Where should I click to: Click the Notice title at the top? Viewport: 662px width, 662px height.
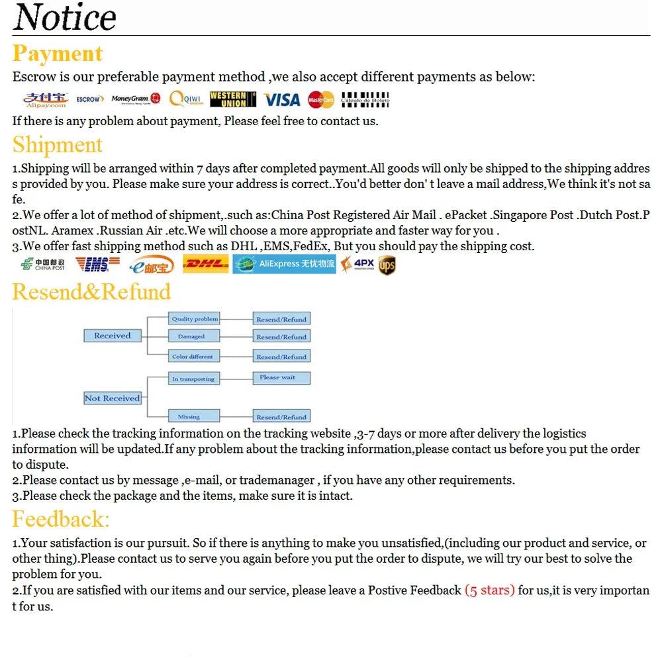65,18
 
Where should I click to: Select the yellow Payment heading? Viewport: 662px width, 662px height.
58,54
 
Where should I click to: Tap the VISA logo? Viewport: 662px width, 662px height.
282,99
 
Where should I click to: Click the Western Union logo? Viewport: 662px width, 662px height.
232,99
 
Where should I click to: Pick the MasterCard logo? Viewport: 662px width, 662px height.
321,99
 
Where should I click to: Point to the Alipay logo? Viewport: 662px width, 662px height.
46,99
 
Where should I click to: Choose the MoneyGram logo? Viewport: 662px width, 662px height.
136,99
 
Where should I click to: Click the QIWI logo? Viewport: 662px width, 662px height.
185,99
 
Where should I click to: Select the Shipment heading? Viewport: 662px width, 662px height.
58,144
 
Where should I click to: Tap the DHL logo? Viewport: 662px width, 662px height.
205,264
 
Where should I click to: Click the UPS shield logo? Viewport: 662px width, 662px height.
387,265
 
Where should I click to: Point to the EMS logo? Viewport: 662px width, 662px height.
97,264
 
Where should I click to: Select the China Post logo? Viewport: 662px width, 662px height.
43,264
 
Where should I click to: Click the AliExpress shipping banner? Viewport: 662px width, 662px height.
285,264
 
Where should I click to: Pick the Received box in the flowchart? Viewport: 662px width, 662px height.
113,336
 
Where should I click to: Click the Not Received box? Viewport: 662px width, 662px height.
113,398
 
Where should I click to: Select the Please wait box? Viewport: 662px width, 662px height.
281,378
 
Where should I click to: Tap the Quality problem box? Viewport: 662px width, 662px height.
195,318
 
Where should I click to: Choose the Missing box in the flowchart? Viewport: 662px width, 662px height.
192,416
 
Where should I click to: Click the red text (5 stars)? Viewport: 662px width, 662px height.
489,590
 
